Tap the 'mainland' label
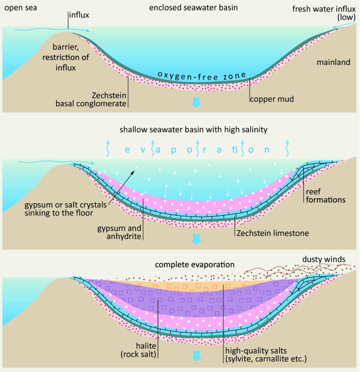point(333,63)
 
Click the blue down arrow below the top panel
point(196,102)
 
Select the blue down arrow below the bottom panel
point(196,356)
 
